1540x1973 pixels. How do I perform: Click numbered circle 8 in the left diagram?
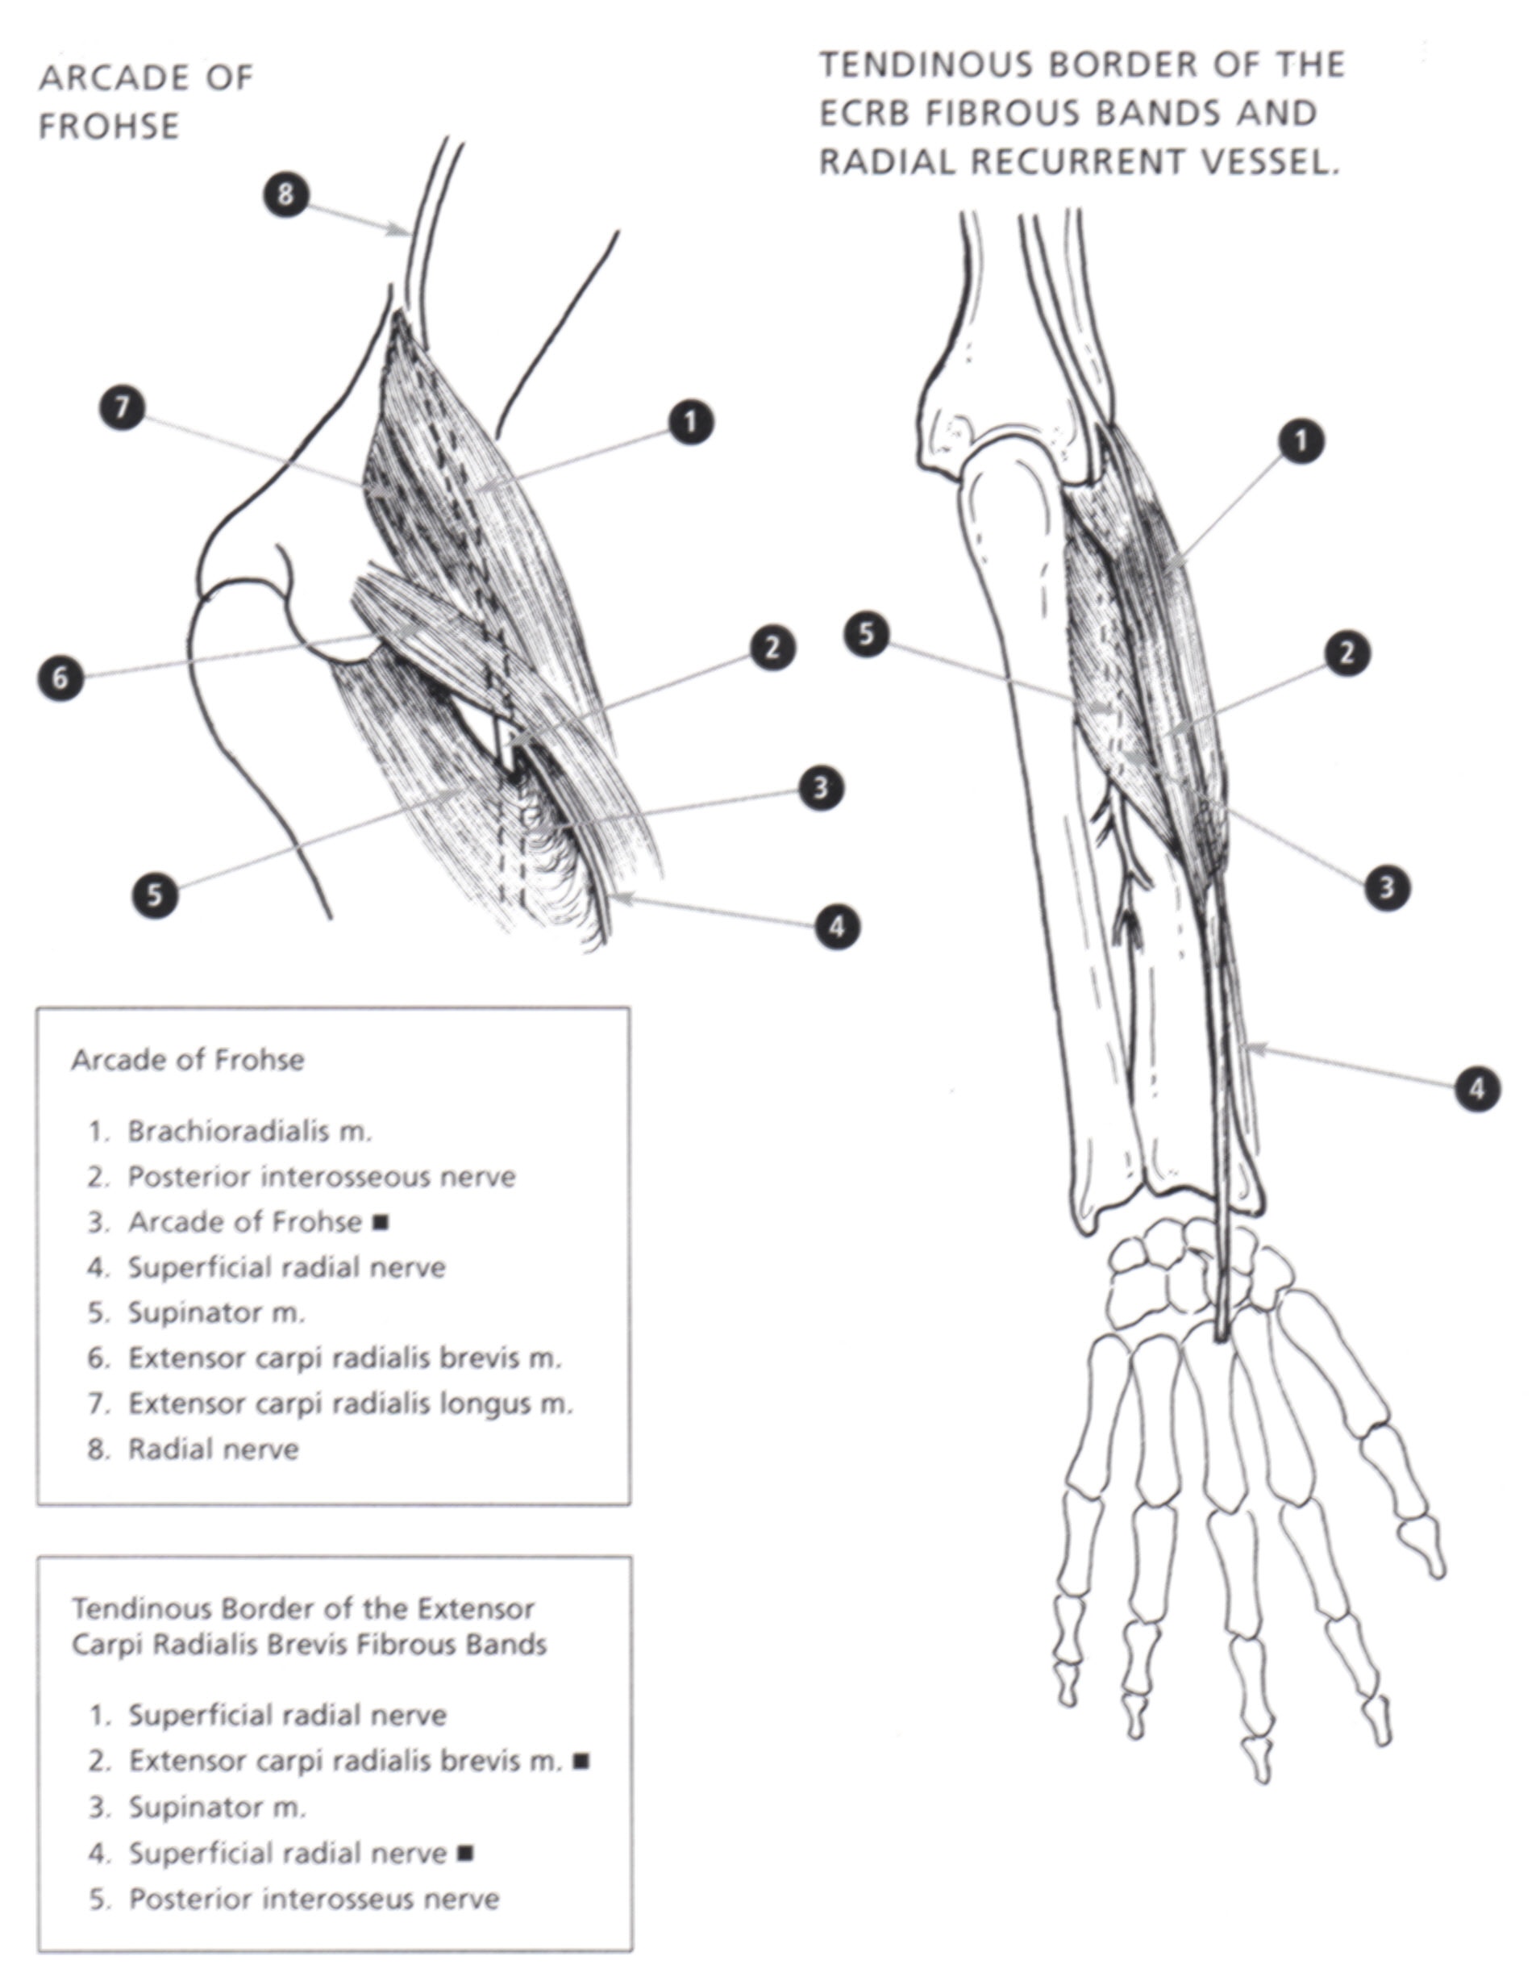(x=285, y=194)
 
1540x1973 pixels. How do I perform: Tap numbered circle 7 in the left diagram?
(x=122, y=407)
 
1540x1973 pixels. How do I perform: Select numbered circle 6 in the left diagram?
(x=60, y=678)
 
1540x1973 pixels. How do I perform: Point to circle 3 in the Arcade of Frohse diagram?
(x=821, y=788)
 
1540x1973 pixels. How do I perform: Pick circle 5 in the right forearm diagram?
(x=867, y=634)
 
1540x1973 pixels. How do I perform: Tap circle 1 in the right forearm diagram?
(x=1301, y=442)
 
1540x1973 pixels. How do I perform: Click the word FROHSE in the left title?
(x=110, y=127)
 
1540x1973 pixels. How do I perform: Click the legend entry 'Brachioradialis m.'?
(x=249, y=1131)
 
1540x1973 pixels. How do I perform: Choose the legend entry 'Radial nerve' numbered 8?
(x=212, y=1449)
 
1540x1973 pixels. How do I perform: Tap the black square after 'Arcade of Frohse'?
(x=381, y=1222)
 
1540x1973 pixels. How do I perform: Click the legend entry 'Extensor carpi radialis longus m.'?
(x=350, y=1404)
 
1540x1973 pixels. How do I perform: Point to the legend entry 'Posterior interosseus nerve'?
(x=314, y=1899)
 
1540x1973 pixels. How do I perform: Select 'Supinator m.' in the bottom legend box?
(x=217, y=1807)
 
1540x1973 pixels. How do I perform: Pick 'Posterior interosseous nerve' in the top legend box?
(x=321, y=1177)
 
